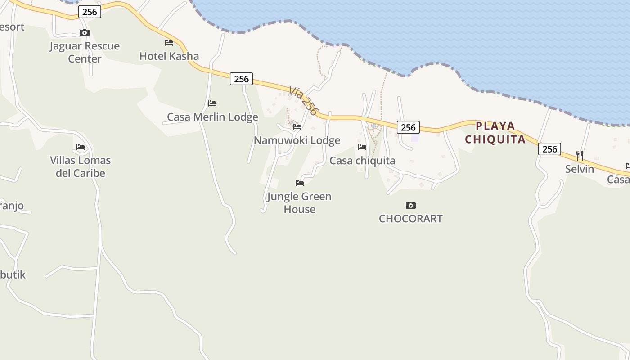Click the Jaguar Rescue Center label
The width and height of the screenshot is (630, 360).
85,52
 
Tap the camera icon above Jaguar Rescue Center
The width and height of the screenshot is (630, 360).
85,32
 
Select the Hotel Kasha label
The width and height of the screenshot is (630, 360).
169,56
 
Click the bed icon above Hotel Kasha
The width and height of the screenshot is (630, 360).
169,43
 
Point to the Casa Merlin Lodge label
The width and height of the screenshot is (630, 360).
212,117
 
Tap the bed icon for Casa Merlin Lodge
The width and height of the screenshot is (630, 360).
212,103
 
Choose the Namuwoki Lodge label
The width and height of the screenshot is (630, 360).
297,140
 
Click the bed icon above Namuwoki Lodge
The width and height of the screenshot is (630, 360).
297,127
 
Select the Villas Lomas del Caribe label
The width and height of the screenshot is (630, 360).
80,166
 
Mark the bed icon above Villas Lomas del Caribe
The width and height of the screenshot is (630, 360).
81,147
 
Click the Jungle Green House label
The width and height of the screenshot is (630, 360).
299,202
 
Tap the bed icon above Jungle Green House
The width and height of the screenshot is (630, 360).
300,183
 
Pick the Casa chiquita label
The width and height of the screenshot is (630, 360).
362,161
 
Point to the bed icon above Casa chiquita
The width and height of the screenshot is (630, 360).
362,147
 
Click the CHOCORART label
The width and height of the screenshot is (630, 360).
410,219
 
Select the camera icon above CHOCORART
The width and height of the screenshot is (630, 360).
410,205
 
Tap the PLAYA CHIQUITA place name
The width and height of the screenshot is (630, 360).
495,132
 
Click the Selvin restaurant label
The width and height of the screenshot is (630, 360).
580,169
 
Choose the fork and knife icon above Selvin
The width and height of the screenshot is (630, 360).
580,156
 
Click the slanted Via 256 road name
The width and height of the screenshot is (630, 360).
304,101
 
